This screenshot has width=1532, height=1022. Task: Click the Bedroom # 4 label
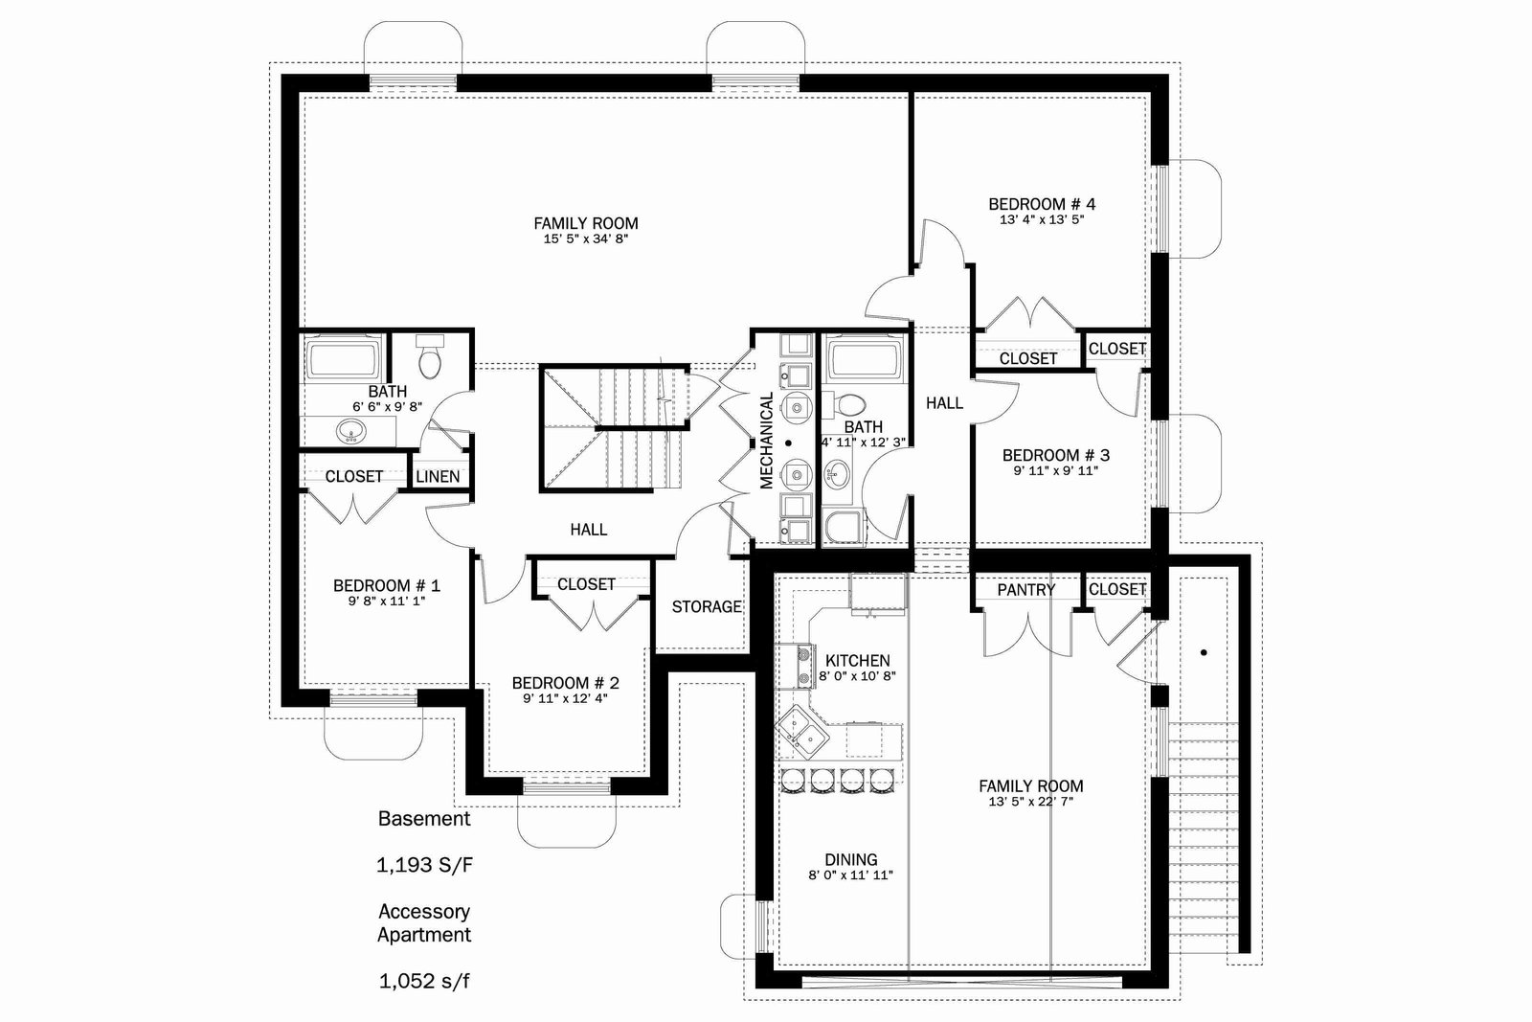[1042, 204]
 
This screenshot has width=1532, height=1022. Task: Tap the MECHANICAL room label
[767, 440]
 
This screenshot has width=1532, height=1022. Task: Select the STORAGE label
[707, 606]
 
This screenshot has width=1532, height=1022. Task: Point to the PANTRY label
[1025, 590]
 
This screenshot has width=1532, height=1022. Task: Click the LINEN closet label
[438, 477]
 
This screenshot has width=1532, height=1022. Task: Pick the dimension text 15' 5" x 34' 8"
[585, 238]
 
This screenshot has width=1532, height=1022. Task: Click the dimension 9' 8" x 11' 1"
[387, 602]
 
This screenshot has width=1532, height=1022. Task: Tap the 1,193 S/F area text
[424, 865]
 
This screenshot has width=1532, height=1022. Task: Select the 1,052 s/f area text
[424, 982]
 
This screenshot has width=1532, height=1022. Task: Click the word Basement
[424, 819]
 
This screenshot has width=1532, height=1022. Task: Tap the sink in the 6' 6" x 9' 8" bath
[351, 432]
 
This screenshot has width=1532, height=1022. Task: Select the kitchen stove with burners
[796, 667]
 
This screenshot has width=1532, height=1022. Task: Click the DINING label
[851, 860]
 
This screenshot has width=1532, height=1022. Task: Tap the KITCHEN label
[858, 661]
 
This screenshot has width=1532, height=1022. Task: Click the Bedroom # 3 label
[1056, 456]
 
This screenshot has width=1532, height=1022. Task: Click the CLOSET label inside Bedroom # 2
[586, 584]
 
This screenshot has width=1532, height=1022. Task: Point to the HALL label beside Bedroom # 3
[944, 403]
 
